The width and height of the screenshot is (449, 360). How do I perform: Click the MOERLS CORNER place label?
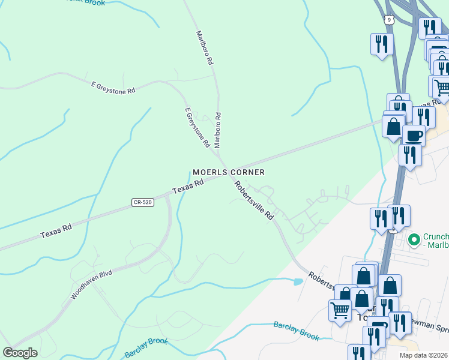point(229,172)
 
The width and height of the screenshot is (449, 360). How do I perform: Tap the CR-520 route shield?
point(143,203)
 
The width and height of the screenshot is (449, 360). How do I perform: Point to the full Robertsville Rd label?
point(255,200)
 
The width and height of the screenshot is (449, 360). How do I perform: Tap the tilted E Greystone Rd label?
point(197,128)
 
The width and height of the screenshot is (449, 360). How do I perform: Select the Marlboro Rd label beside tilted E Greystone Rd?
point(218,130)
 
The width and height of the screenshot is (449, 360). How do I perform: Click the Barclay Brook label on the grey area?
point(296,331)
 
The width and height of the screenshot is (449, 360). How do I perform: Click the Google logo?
point(20,353)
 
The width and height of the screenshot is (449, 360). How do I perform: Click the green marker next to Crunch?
point(414,241)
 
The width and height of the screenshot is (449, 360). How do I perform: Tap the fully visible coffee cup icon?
point(414,135)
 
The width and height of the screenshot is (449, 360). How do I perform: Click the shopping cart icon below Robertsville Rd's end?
point(339,310)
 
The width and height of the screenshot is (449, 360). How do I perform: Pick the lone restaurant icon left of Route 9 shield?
point(382,44)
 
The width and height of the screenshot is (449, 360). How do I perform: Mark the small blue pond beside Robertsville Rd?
point(298,281)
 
